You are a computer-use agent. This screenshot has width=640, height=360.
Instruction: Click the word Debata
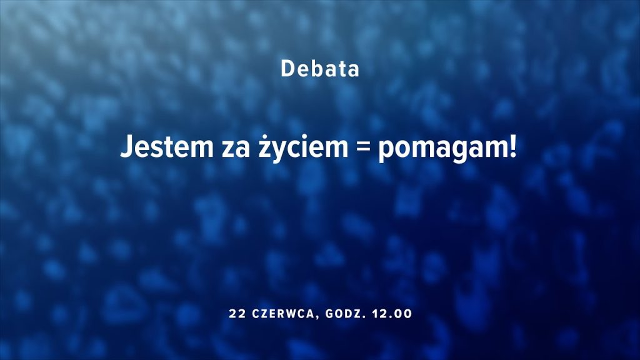pyautogui.click(x=320, y=69)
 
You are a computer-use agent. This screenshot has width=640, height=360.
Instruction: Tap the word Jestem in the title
pyautogui.click(x=167, y=146)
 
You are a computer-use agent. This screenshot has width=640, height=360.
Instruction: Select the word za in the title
pyautogui.click(x=236, y=149)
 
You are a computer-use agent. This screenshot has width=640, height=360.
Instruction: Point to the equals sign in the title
pyautogui.click(x=363, y=148)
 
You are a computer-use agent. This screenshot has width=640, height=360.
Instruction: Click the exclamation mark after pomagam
pyautogui.click(x=512, y=146)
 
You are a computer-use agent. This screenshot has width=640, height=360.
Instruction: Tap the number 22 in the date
pyautogui.click(x=237, y=314)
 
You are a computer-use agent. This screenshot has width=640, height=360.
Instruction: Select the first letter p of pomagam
pyautogui.click(x=386, y=152)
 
